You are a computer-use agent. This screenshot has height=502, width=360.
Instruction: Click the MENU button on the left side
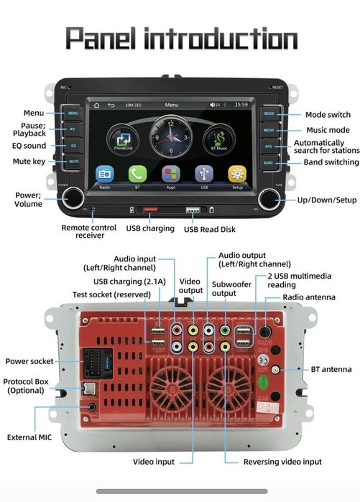click(73, 113)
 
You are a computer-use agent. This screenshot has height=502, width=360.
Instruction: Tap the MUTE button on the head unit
click(73, 162)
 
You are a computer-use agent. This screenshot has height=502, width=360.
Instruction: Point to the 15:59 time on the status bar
click(241, 105)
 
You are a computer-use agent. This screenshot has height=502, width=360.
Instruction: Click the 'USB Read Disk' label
click(209, 229)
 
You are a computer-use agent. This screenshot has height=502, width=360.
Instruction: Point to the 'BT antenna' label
click(331, 369)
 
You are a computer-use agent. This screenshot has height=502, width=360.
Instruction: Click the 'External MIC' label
click(28, 437)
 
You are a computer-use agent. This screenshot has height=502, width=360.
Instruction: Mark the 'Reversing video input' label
click(282, 462)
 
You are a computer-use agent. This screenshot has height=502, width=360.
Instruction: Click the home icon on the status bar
click(96, 105)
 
